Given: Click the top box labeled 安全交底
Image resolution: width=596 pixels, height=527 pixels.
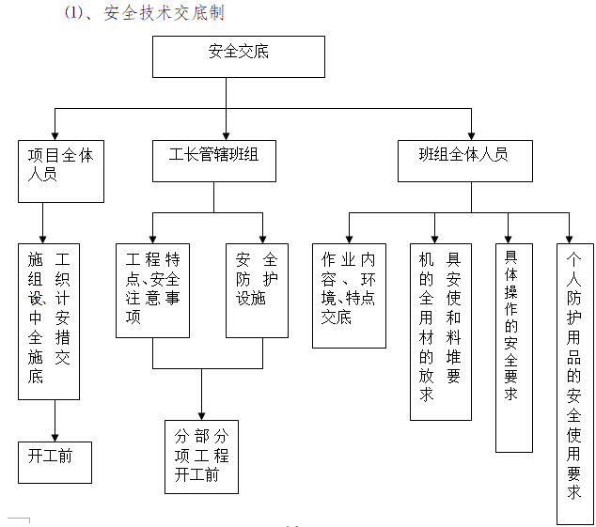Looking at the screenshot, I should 238,56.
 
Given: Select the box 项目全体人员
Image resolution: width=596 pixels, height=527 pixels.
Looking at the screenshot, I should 61,171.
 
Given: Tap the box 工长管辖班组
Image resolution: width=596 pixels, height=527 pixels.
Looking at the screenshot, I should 213,161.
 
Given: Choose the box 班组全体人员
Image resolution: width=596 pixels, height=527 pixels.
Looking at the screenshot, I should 463,161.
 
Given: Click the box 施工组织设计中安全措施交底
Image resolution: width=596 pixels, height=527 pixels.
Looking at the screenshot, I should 49,321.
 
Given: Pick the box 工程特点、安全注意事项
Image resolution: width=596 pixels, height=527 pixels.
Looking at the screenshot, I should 152,289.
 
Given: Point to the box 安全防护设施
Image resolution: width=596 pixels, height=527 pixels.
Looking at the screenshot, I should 257,289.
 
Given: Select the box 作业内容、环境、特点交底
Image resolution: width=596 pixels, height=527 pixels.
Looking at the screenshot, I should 349,295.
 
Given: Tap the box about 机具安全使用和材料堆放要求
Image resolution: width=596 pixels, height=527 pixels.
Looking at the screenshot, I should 441,331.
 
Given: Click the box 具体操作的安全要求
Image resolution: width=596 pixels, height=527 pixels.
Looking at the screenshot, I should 514,348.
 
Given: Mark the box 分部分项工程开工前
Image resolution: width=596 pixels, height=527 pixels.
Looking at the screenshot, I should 201,457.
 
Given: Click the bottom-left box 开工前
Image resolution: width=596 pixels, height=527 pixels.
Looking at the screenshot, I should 55,461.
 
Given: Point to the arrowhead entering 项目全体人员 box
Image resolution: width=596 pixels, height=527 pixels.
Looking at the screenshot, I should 55,134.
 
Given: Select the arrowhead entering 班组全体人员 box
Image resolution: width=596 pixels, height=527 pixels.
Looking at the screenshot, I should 471,134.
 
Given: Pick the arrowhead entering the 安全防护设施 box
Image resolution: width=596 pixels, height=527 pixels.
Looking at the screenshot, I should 263,238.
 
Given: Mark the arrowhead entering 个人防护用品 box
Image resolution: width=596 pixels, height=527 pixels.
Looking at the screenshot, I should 569,238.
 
